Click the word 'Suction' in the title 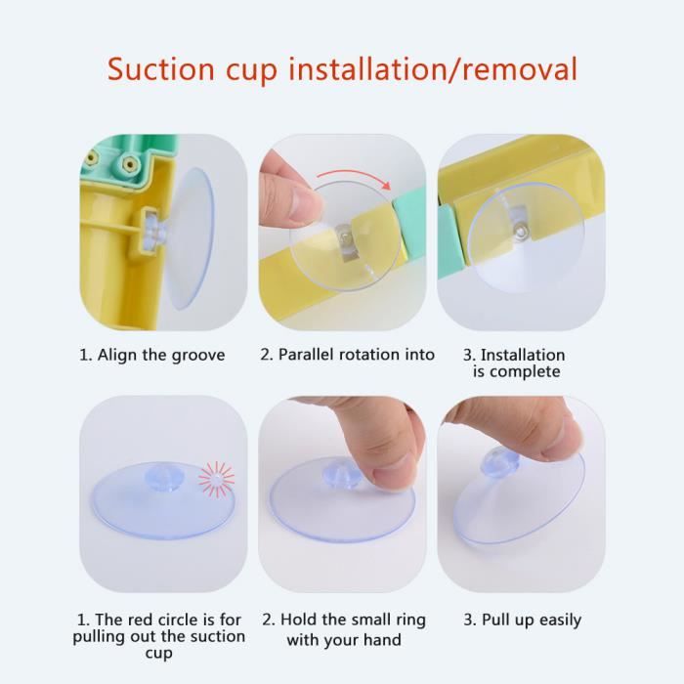160,68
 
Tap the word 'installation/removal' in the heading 433,68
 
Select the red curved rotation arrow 354,178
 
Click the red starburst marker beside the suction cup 216,479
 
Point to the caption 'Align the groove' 161,355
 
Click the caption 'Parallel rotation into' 357,354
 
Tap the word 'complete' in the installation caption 525,372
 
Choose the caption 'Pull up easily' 532,620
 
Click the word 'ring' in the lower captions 409,620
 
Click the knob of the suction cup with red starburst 163,478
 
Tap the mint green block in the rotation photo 410,224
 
